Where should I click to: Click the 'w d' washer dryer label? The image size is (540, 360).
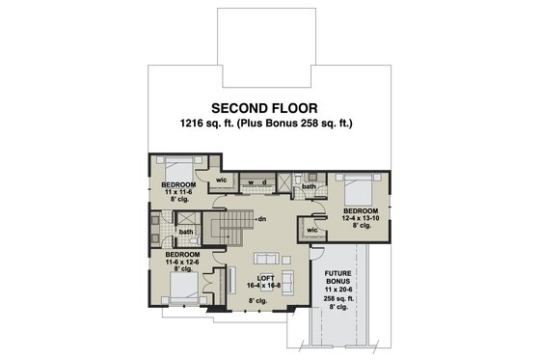tap(256, 181)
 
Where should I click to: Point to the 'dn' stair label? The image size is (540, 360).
tap(261, 219)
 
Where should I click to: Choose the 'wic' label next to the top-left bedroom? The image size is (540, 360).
tap(221, 180)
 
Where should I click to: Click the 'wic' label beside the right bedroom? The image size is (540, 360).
tap(312, 230)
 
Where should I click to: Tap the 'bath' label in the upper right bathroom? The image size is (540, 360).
tap(310, 186)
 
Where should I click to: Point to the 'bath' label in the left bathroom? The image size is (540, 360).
tap(184, 231)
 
